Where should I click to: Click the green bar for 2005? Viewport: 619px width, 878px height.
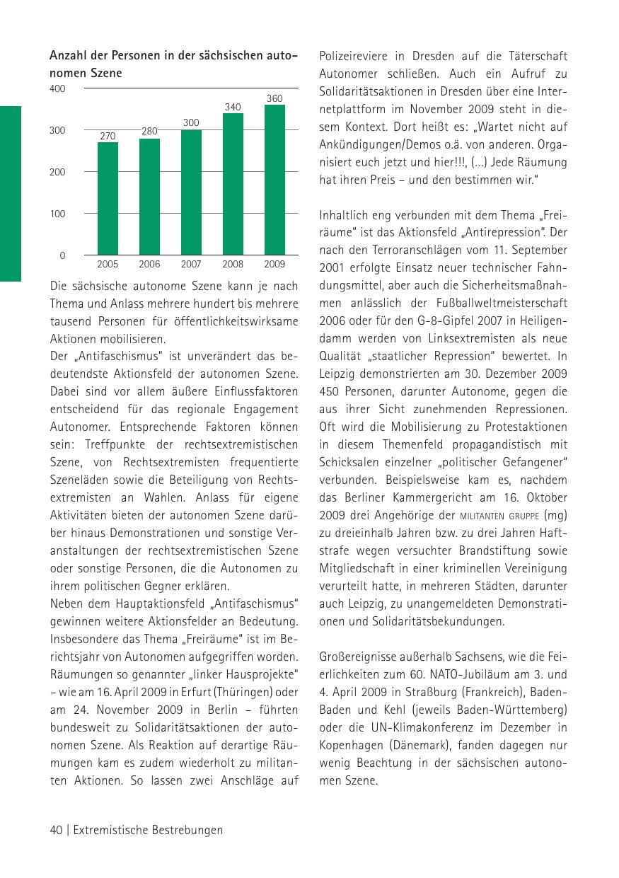click(108, 198)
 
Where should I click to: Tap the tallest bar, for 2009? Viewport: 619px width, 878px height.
click(274, 180)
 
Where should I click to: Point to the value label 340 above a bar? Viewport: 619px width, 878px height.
click(233, 107)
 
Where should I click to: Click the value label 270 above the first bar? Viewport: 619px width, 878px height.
click(108, 136)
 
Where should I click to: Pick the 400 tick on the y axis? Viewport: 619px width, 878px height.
click(57, 89)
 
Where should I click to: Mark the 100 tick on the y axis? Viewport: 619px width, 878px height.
click(57, 214)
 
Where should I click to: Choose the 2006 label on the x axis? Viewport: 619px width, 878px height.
click(149, 265)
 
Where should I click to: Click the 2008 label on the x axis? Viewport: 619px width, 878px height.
click(233, 265)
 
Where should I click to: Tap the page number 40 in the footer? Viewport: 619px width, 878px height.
click(57, 830)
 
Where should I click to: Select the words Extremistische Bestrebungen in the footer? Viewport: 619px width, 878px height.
click(148, 830)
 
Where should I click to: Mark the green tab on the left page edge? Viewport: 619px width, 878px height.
click(11, 193)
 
